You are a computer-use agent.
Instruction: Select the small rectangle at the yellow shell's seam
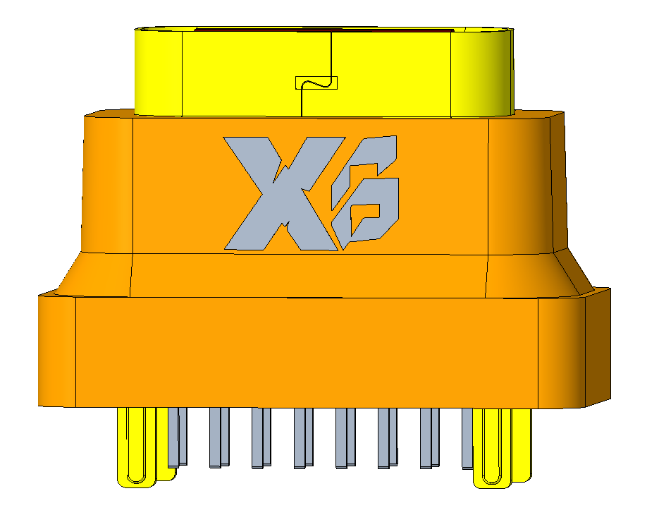click(316, 83)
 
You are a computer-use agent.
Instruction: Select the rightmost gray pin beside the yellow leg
click(467, 437)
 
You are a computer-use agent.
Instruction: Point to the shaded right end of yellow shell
click(493, 71)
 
